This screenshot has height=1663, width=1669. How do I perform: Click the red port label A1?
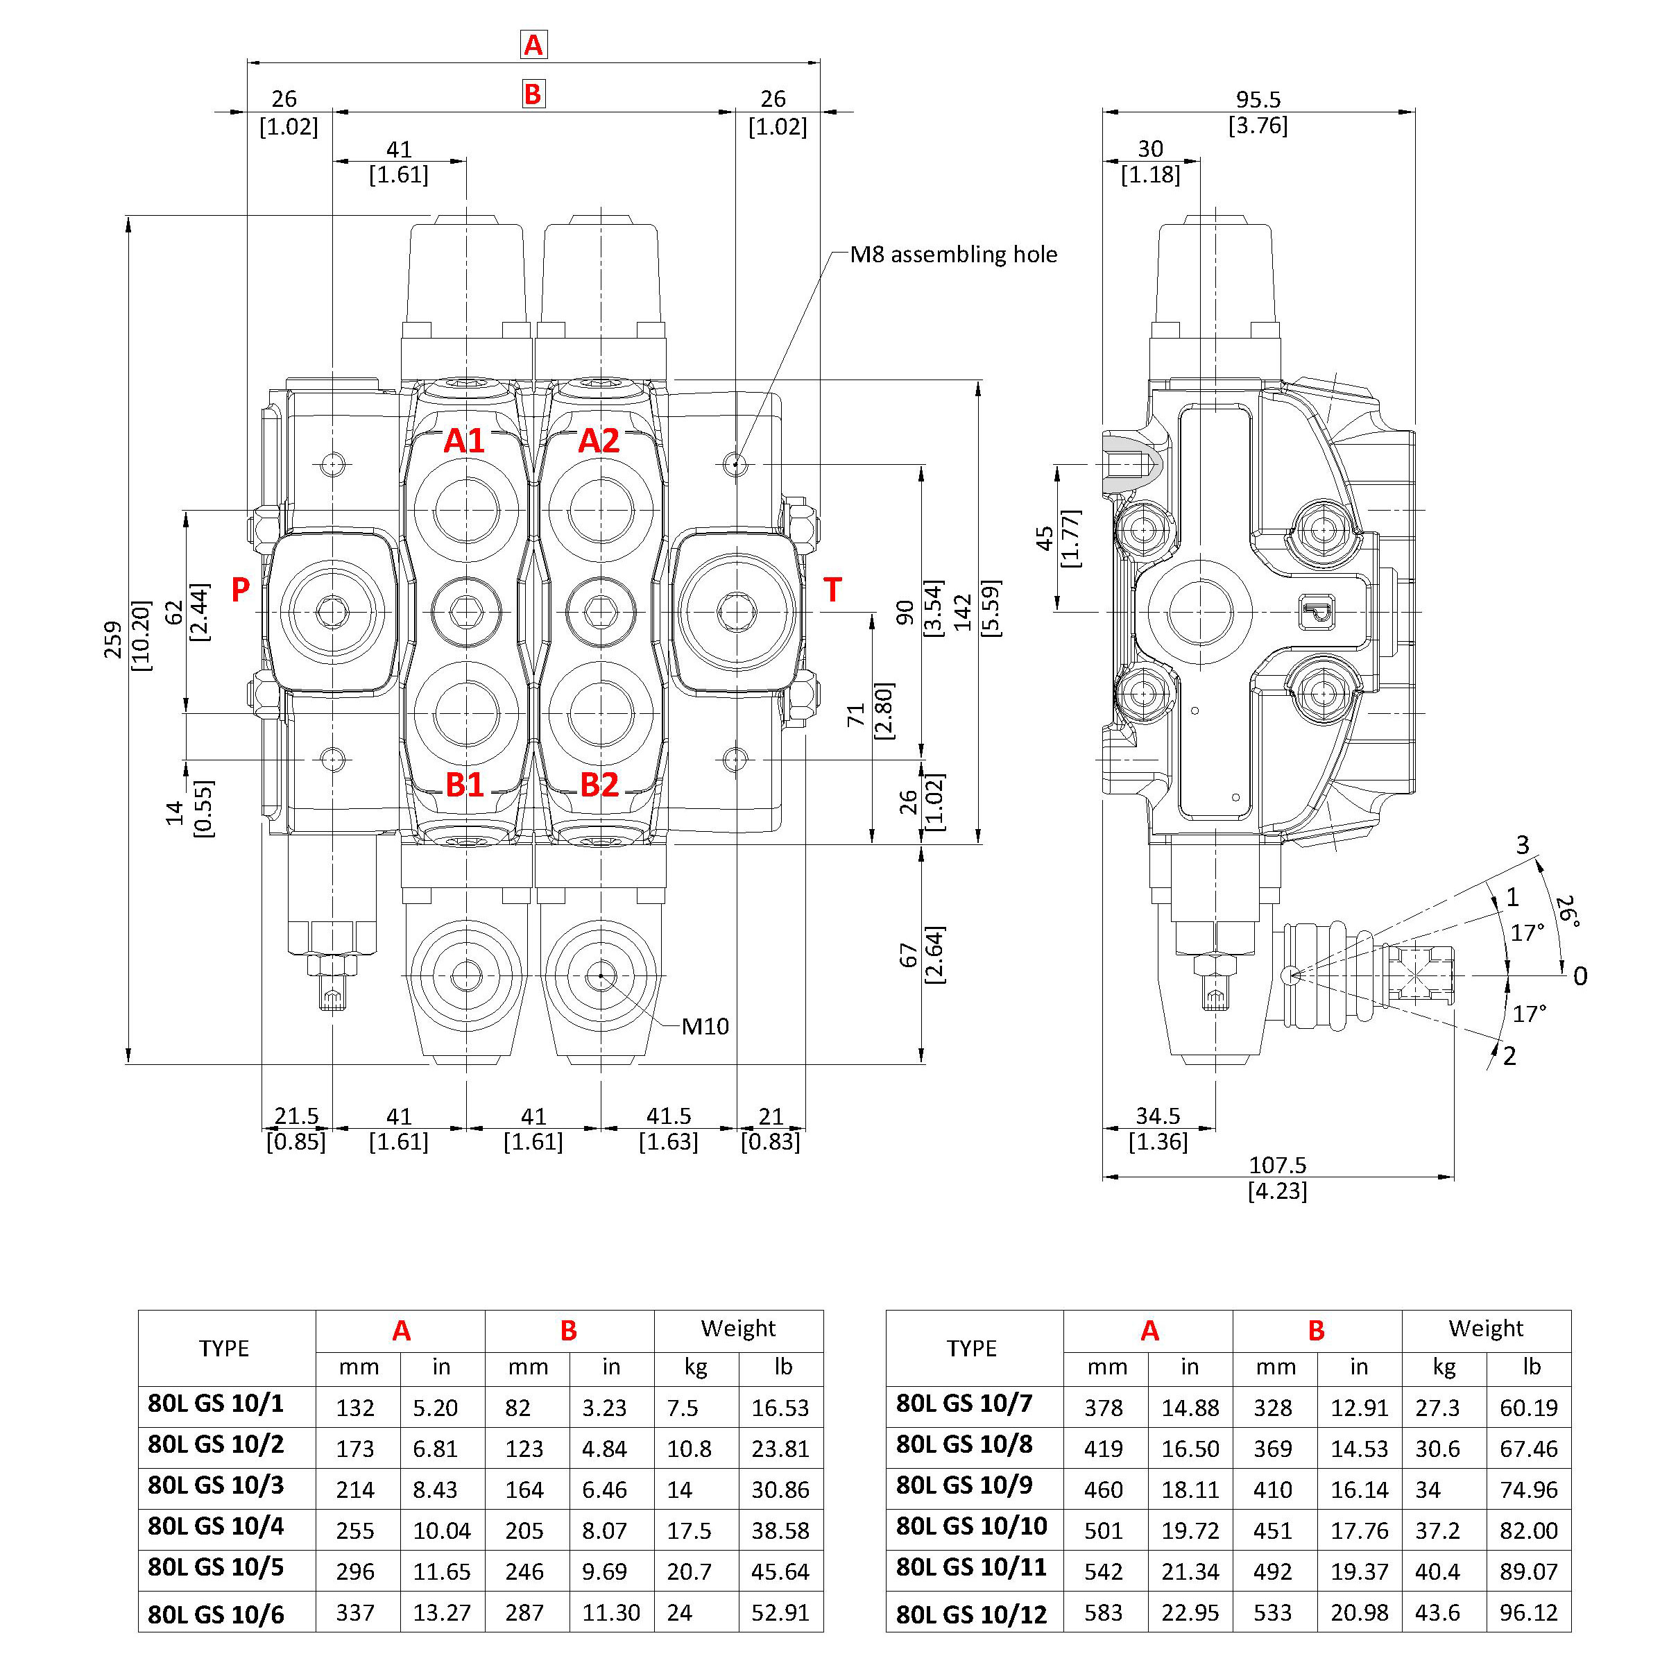point(464,441)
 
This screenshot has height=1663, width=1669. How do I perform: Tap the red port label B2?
point(599,785)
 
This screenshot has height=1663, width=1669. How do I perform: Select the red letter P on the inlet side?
point(240,589)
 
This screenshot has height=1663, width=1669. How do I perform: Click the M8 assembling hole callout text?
point(953,254)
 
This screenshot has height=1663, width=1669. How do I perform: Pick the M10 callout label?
point(705,1026)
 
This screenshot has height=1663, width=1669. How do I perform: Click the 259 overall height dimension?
point(114,639)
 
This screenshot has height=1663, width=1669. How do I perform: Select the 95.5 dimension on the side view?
point(1258,99)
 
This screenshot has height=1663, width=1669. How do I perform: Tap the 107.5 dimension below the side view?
point(1277,1166)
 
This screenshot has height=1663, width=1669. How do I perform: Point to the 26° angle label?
point(1567,912)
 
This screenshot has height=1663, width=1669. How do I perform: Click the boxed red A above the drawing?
point(533,44)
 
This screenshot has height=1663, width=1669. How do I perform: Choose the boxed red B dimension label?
point(533,93)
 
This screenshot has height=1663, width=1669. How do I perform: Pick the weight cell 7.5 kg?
point(683,1408)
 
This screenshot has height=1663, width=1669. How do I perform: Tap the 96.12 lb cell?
point(1528,1613)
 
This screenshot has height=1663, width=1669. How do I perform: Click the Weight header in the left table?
point(738,1329)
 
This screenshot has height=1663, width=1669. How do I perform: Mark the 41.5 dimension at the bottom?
point(669,1116)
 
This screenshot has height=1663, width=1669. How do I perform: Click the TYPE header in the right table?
point(972,1349)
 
